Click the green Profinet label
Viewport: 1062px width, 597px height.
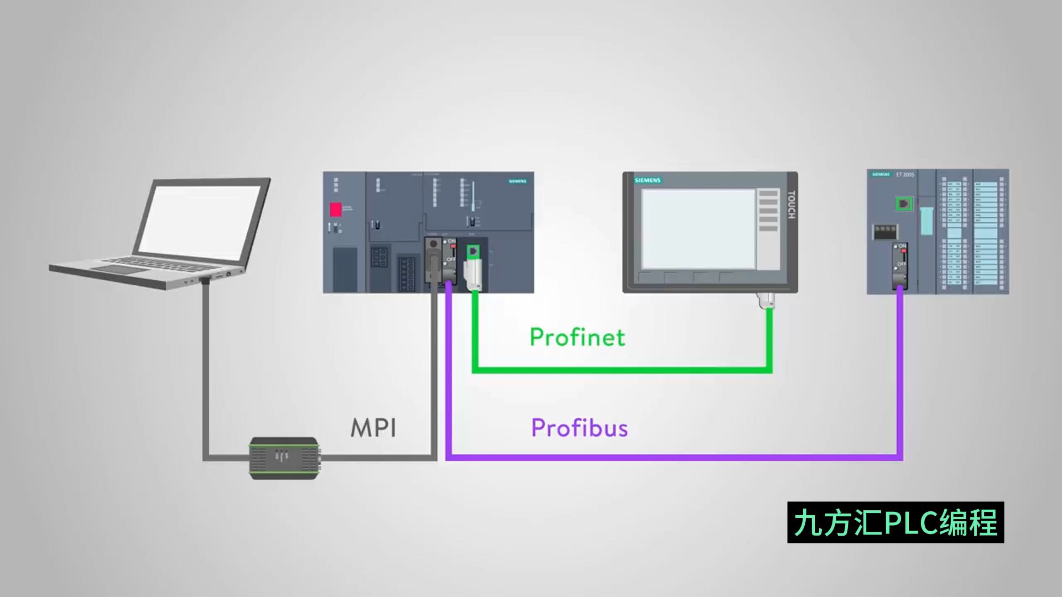point(577,337)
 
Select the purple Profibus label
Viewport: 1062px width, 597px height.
point(579,428)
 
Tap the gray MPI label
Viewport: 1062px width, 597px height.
point(373,428)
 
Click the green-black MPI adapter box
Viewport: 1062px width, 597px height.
point(284,458)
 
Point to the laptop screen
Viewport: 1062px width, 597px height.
point(199,219)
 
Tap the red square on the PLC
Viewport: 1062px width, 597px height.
point(336,210)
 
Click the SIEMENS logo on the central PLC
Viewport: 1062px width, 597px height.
point(517,181)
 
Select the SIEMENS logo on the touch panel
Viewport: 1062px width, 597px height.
point(648,180)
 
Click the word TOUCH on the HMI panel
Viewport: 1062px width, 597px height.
point(791,205)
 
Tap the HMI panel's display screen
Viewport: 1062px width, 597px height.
point(698,229)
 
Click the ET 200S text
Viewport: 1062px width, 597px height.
point(905,175)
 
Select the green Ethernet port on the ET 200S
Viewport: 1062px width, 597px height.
point(904,204)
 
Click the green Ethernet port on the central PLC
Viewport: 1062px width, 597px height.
point(473,252)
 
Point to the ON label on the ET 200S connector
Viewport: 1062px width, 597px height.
point(903,246)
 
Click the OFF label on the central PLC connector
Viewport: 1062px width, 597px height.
point(451,259)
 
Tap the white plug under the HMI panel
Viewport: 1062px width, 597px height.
point(767,300)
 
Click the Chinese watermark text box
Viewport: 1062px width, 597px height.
point(895,522)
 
